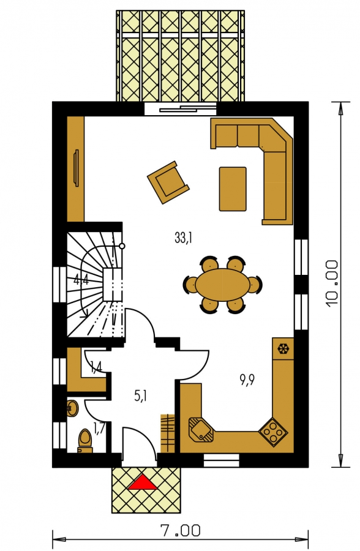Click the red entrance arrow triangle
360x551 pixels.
(x=143, y=482)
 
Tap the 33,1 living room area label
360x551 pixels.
(x=183, y=238)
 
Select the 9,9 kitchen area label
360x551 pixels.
(x=247, y=380)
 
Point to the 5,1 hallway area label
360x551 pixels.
(x=140, y=396)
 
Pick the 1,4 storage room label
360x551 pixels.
(x=96, y=367)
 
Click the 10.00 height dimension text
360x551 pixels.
(x=332, y=284)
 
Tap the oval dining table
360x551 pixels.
(x=223, y=285)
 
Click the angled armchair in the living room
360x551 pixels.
(x=168, y=182)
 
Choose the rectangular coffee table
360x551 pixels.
(x=233, y=189)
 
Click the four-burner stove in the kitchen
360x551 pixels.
(x=273, y=432)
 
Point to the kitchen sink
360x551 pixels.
(x=201, y=429)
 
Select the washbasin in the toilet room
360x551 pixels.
(x=72, y=408)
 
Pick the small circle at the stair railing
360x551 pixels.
(x=122, y=246)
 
